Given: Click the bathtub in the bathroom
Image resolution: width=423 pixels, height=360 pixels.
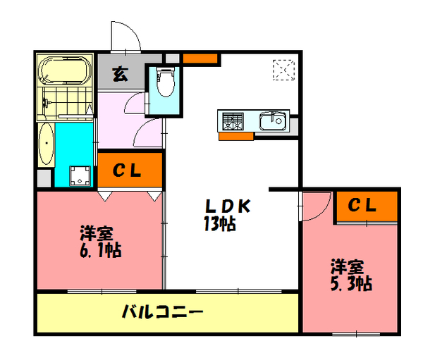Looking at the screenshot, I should click(64, 70).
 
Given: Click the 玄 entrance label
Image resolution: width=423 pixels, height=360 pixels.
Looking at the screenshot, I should click(121, 73).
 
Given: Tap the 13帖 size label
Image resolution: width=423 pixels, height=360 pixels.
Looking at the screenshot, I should click(219, 225).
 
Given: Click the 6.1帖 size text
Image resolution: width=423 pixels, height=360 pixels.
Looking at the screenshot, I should click(98, 250).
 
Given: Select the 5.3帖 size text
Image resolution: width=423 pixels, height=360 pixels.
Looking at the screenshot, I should click(350, 284).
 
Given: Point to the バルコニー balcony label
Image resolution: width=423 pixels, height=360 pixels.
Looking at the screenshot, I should click(162, 311).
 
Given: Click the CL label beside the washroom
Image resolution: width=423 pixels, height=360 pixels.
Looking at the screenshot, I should click(129, 170).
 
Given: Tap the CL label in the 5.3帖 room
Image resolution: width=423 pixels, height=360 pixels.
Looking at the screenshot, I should click(364, 206).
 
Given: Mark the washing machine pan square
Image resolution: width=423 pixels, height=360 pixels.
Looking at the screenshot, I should click(80, 175).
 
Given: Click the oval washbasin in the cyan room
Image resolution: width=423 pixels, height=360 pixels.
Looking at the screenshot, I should click(46, 145).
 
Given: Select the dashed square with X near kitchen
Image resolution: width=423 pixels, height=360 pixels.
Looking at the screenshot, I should click(283, 70).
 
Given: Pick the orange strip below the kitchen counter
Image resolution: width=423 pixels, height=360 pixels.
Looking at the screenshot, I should click(235, 136).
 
